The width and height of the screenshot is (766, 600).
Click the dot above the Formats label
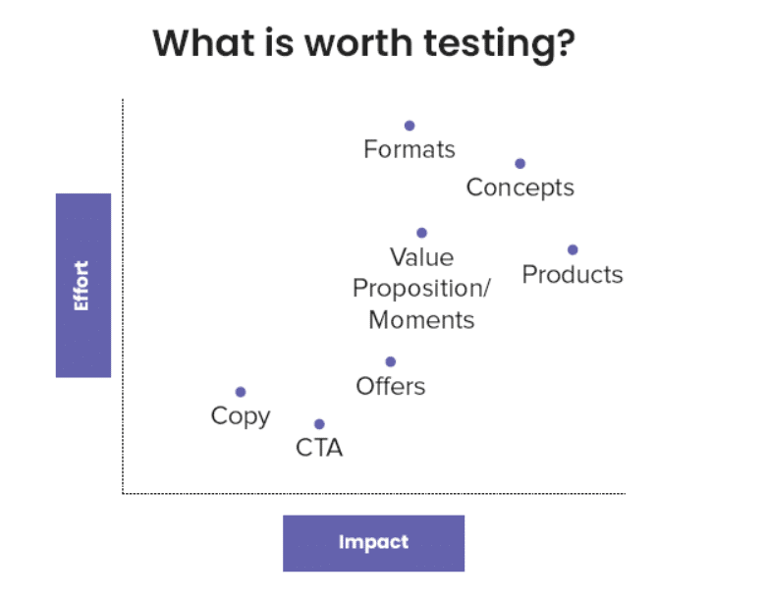pyautogui.click(x=410, y=126)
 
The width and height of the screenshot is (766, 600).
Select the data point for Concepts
pyautogui.click(x=520, y=164)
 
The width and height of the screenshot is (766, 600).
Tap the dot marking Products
pyautogui.click(x=573, y=249)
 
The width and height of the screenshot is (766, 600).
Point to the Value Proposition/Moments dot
pyautogui.click(x=421, y=233)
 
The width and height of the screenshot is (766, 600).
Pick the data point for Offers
pyautogui.click(x=390, y=361)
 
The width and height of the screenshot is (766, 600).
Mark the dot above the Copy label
pyautogui.click(x=241, y=392)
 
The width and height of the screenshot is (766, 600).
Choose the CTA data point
pyautogui.click(x=319, y=424)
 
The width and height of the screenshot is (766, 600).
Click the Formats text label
pyautogui.click(x=410, y=149)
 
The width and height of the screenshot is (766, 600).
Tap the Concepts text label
pyautogui.click(x=520, y=189)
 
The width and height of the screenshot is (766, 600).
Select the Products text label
pyautogui.click(x=573, y=274)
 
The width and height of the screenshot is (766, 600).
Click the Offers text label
pyautogui.click(x=390, y=386)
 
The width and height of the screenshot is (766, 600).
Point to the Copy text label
pyautogui.click(x=241, y=416)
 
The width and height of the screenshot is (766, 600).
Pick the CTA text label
pyautogui.click(x=319, y=448)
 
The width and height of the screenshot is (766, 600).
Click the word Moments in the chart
pyautogui.click(x=421, y=320)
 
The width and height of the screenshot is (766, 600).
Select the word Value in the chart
pyautogui.click(x=421, y=257)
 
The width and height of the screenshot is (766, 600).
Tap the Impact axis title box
pyautogui.click(x=374, y=543)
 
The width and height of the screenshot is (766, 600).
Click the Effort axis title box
pyautogui.click(x=83, y=286)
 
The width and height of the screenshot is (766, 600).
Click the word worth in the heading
pyautogui.click(x=358, y=42)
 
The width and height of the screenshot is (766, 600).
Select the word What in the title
pyautogui.click(x=204, y=42)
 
